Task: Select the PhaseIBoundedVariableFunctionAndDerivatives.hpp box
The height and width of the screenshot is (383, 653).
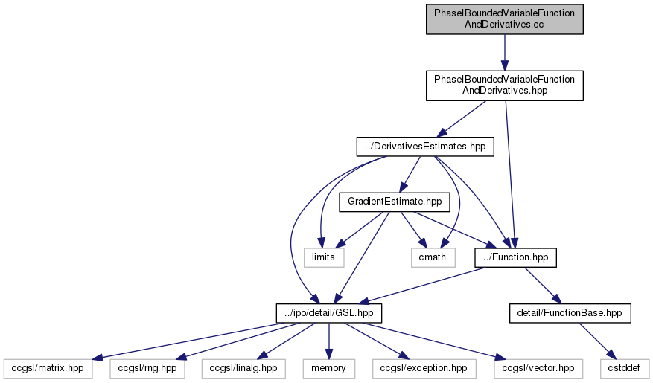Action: (504, 86)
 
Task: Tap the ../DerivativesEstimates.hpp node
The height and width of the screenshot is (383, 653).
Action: (424, 147)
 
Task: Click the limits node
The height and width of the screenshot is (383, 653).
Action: (323, 257)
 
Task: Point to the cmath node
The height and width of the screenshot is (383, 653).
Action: (432, 257)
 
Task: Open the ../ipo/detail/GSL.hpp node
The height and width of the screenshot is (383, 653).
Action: (329, 314)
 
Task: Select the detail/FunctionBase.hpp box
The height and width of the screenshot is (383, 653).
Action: (570, 314)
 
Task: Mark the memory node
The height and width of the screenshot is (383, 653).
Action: (329, 367)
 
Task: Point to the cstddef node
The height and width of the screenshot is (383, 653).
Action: (624, 367)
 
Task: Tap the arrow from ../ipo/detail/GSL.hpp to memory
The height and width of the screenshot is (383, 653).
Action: (329, 341)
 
